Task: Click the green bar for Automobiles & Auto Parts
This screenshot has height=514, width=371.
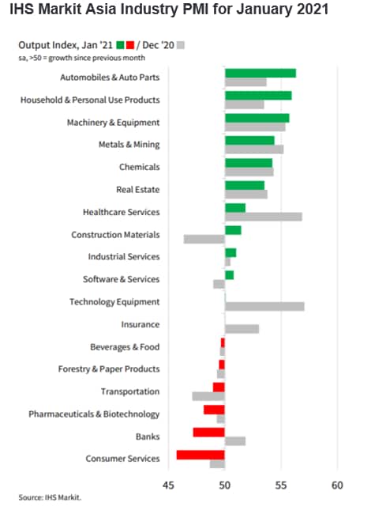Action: click(260, 73)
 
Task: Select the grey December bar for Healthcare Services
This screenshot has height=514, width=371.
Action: click(264, 217)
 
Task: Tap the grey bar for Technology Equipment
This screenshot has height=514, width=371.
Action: click(264, 307)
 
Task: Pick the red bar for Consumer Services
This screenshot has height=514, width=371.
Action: click(200, 455)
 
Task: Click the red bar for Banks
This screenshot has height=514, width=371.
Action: click(208, 433)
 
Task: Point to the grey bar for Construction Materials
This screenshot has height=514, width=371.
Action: click(204, 240)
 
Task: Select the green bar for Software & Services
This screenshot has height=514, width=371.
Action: click(230, 275)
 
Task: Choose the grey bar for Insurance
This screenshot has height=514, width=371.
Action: click(242, 329)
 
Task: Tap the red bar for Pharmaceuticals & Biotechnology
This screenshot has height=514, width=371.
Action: click(214, 410)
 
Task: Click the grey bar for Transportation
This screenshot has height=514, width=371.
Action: click(208, 396)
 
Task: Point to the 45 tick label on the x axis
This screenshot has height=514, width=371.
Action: click(168, 486)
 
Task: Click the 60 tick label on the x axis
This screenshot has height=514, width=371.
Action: click(337, 486)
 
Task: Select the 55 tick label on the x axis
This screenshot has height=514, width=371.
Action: click(281, 486)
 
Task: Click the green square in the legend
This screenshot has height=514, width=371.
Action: click(121, 45)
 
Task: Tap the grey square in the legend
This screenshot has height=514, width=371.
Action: click(181, 45)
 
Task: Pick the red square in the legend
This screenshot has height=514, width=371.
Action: click(130, 45)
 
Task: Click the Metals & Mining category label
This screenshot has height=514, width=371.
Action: click(129, 145)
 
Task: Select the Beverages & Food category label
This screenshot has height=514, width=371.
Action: click(125, 347)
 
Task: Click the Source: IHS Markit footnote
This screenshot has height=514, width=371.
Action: click(50, 497)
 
